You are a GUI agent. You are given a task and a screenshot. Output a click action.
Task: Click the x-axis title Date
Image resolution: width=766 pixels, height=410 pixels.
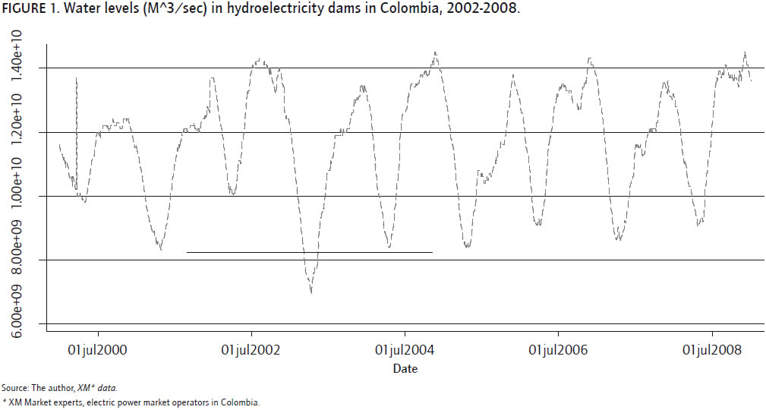[x=405, y=369]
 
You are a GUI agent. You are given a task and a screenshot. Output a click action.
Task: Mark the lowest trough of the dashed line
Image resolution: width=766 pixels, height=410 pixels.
[x=311, y=292]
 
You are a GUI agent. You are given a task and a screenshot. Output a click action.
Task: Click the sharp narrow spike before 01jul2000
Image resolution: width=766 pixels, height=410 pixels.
[x=77, y=80]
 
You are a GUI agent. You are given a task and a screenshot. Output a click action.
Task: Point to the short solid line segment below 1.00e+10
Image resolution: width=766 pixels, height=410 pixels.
[x=309, y=252]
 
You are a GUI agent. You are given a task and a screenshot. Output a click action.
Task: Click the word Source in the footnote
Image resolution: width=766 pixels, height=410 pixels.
[x=14, y=387]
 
